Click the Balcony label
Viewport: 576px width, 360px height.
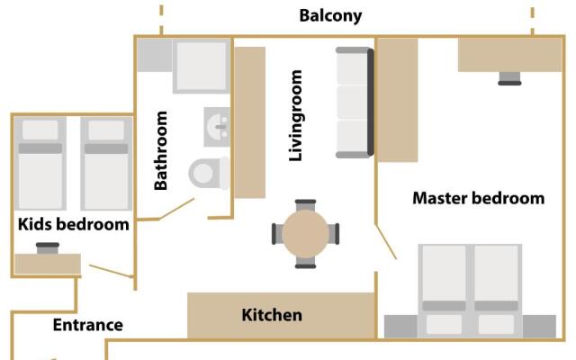point(330,15)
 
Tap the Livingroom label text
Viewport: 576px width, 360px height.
point(295,116)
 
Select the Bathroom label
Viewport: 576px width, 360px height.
point(161,150)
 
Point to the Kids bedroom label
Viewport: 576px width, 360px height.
point(74,224)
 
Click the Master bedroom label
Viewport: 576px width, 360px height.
point(478,198)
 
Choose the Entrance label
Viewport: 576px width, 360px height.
point(87,325)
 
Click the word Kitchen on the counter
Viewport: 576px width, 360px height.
point(272,315)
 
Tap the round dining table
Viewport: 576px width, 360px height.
point(306,234)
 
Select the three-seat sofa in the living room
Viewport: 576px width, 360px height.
point(355,101)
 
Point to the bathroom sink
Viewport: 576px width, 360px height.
point(217,127)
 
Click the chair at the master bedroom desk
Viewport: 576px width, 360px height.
point(510,77)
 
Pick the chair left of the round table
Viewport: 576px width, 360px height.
point(277,234)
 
